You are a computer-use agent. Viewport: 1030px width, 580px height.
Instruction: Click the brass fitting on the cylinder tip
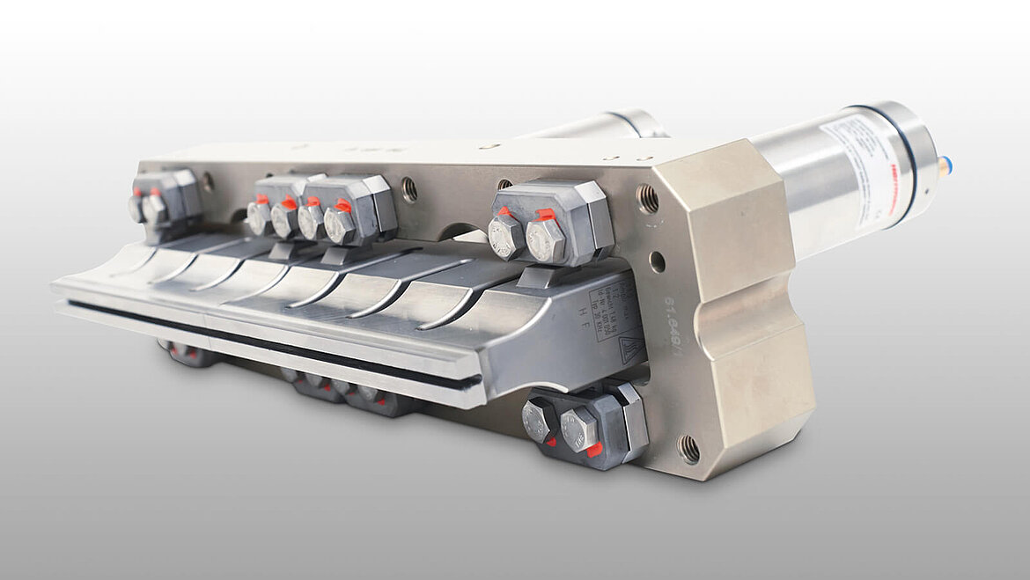tap(944, 165)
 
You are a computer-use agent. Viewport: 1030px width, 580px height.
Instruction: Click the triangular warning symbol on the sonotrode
tap(628, 346)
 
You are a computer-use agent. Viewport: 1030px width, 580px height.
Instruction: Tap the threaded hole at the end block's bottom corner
tap(688, 449)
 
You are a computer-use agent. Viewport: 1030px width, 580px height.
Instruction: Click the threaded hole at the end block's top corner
tap(647, 199)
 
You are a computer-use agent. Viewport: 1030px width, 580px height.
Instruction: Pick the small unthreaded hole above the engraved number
tap(657, 262)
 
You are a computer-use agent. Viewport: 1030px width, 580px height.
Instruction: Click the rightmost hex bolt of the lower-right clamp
tap(579, 429)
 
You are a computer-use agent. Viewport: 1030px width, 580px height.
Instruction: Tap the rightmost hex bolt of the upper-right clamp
tap(545, 240)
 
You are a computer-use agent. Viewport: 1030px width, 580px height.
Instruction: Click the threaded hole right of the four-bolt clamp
tap(408, 188)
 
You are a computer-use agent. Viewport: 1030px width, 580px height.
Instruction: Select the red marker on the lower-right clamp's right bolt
tap(595, 449)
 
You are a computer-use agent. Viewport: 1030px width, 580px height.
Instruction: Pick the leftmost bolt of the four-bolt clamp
tap(258, 217)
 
